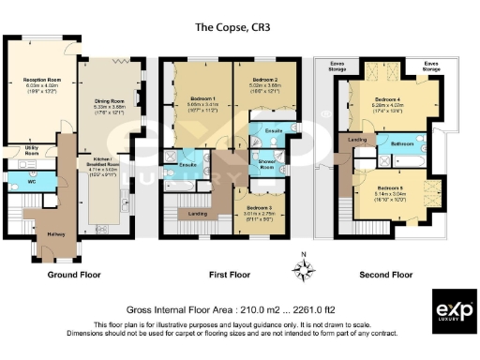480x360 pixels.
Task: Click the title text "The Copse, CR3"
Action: click(240, 28)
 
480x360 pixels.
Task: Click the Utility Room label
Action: click(31, 149)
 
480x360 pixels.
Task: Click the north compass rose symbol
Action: click(303, 271)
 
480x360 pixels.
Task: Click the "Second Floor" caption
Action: click(386, 276)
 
